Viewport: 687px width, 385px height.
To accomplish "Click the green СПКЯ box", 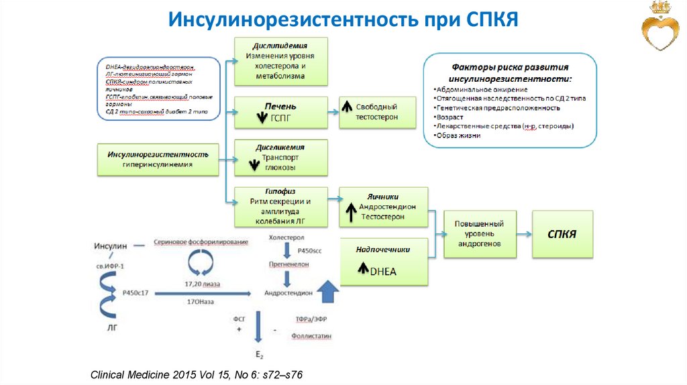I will pyautogui.click(x=563, y=234).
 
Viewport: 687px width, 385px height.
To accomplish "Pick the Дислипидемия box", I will pyautogui.click(x=280, y=61).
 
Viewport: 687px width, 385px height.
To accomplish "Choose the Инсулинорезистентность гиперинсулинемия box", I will pyautogui.click(x=158, y=159).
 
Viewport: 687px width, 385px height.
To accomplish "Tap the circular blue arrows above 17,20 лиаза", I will pyautogui.click(x=199, y=263).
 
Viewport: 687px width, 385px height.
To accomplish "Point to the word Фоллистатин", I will pyautogui.click(x=311, y=335).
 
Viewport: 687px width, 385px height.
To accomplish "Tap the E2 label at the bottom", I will pyautogui.click(x=258, y=353).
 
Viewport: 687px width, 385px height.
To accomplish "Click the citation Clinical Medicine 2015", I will pyautogui.click(x=201, y=373).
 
